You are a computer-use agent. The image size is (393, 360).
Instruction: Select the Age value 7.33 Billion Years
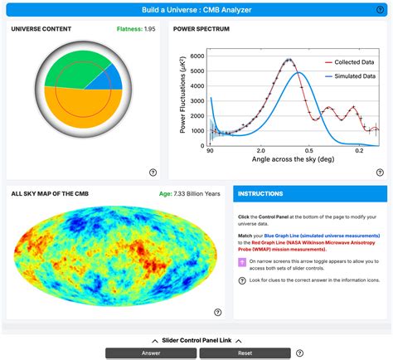click(190, 193)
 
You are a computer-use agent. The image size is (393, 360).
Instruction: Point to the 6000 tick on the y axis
click(196, 56)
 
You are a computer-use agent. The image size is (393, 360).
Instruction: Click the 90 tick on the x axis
click(210, 152)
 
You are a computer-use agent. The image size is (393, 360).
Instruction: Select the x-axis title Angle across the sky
click(287, 160)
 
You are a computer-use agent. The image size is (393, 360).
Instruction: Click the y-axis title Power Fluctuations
click(182, 100)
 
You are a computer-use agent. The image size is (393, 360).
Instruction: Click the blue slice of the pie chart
click(111, 80)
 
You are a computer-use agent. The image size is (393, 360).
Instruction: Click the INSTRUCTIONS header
click(260, 194)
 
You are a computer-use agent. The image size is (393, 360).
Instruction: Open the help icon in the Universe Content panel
click(153, 173)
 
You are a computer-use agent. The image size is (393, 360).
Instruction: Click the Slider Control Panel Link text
click(196, 341)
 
